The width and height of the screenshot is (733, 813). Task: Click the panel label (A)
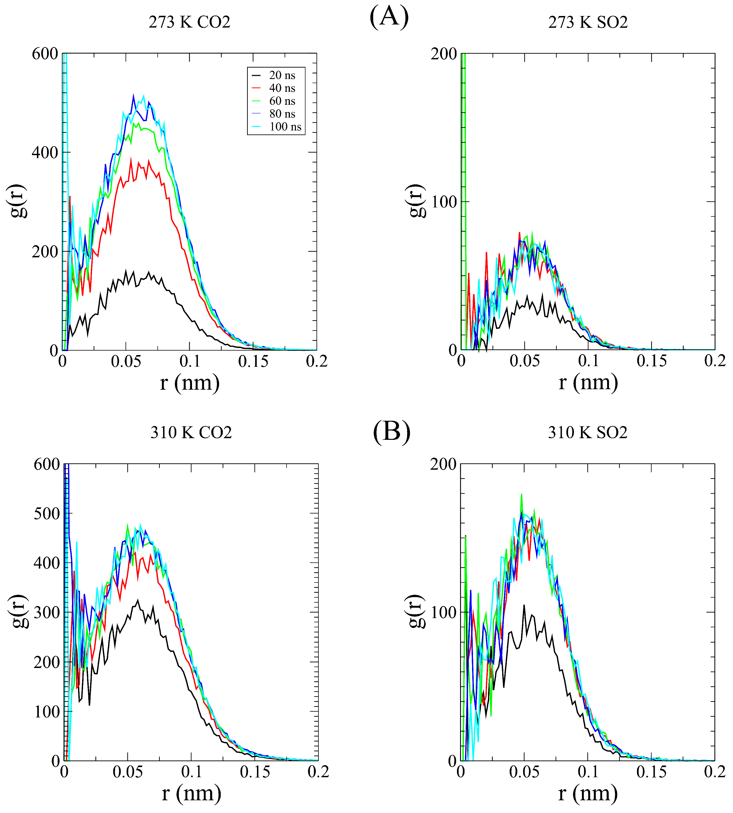click(389, 17)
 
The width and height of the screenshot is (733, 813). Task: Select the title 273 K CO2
click(189, 22)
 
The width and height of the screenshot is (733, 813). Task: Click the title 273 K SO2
click(588, 22)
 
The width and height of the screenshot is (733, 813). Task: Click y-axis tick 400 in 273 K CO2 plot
click(45, 153)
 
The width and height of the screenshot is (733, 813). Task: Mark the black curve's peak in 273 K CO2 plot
click(126, 271)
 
